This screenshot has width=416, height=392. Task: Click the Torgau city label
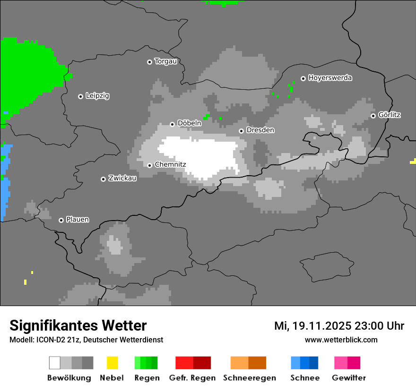[165, 61]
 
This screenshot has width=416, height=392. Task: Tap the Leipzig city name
[97, 96]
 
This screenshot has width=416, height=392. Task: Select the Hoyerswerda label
[330, 78]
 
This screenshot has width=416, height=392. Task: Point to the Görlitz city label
[390, 115]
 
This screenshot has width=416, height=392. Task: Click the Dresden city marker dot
[241, 131]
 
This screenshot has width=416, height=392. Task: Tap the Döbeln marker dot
[172, 124]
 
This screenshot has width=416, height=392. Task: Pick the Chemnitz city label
[170, 165]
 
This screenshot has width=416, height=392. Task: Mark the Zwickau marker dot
[103, 179]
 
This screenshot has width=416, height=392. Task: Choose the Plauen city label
[78, 220]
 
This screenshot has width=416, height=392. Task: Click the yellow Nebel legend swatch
[112, 363]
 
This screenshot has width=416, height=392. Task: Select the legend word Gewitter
[349, 378]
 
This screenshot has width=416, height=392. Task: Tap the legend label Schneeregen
[250, 378]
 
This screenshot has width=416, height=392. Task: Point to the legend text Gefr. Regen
[192, 378]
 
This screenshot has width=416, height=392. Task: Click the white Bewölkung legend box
[55, 363]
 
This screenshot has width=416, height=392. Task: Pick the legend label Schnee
[305, 378]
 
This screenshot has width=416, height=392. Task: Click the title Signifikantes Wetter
[78, 325]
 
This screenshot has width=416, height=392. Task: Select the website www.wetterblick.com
[341, 340]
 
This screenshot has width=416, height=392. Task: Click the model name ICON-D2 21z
[57, 340]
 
